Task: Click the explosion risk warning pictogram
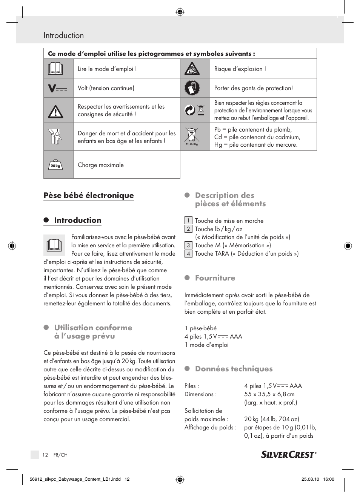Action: pos(192,69)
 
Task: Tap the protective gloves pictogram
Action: pos(192,88)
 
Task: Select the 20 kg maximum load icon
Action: pos(55,165)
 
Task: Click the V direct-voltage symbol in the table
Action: pos(57,88)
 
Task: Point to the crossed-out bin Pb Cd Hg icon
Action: pos(192,136)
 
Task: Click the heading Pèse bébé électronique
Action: pos(89,195)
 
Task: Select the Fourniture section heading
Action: pos(215,278)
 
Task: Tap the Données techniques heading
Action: pos(234,369)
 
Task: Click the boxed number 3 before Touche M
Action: pos(188,245)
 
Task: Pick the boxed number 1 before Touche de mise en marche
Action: pos(188,221)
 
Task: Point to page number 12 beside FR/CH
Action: pos(45,455)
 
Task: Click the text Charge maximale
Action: pos(101,165)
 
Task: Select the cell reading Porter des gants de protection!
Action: pos(254,88)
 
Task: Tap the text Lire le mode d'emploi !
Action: pos(107,69)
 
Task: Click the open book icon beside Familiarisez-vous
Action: pos(54,245)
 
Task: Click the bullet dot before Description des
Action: pos(187,195)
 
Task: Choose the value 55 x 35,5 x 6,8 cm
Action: pos(269,394)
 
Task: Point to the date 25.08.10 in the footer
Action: pos(310,480)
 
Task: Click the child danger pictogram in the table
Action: pos(55,136)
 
